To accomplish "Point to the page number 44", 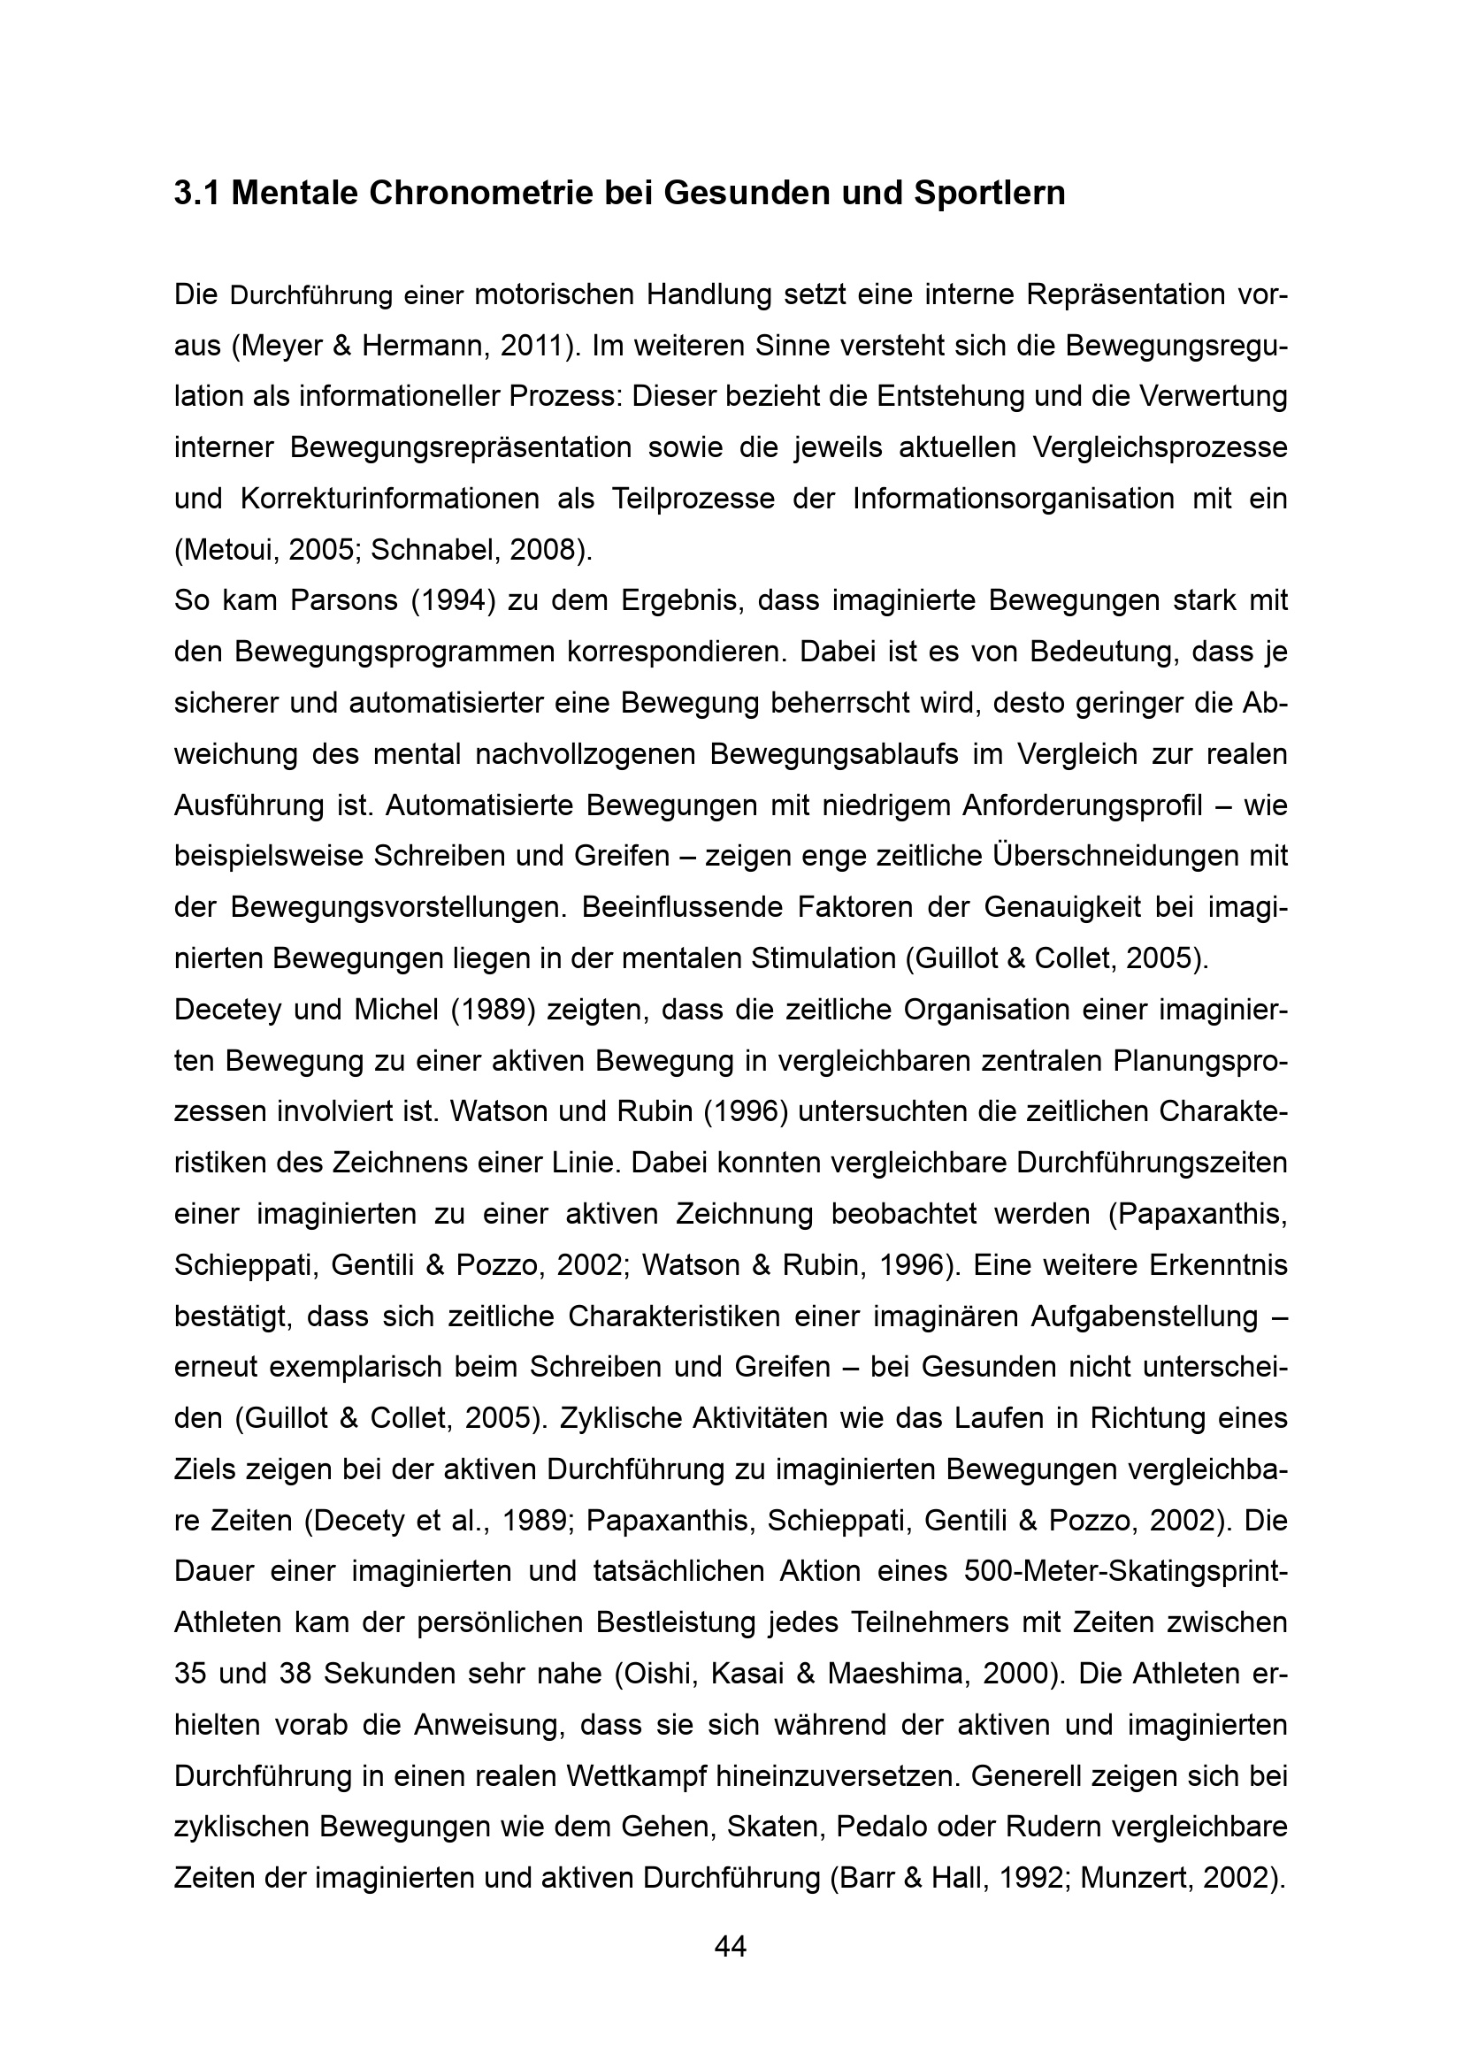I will (731, 1946).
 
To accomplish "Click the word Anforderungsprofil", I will (1082, 806).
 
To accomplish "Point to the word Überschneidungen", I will (1116, 857).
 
